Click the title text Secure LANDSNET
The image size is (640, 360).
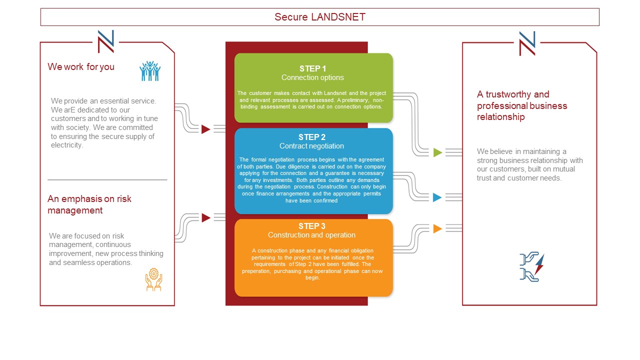coord(319,17)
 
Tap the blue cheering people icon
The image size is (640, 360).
coord(150,71)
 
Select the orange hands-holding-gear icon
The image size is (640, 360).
coord(153,279)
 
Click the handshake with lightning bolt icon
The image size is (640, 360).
coord(531,267)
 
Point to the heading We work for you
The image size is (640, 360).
coord(81,67)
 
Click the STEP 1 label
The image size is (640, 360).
coord(312,68)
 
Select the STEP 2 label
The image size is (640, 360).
coord(312,137)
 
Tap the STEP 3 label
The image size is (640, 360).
coord(312,226)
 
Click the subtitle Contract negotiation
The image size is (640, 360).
coord(311,146)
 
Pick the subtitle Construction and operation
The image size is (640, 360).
coord(311,235)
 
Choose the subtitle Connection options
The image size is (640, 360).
coord(312,77)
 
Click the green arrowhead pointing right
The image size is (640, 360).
coord(437,152)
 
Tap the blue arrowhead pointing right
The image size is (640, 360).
coord(437,197)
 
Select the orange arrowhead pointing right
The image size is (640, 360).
coord(437,228)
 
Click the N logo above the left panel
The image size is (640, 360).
coord(105,41)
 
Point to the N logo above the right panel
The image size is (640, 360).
coord(527,43)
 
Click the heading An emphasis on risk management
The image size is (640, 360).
coord(89,204)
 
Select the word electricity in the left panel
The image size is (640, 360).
coord(67,145)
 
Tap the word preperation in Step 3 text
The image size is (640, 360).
coord(256,271)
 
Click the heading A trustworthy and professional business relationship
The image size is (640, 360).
coord(522,105)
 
